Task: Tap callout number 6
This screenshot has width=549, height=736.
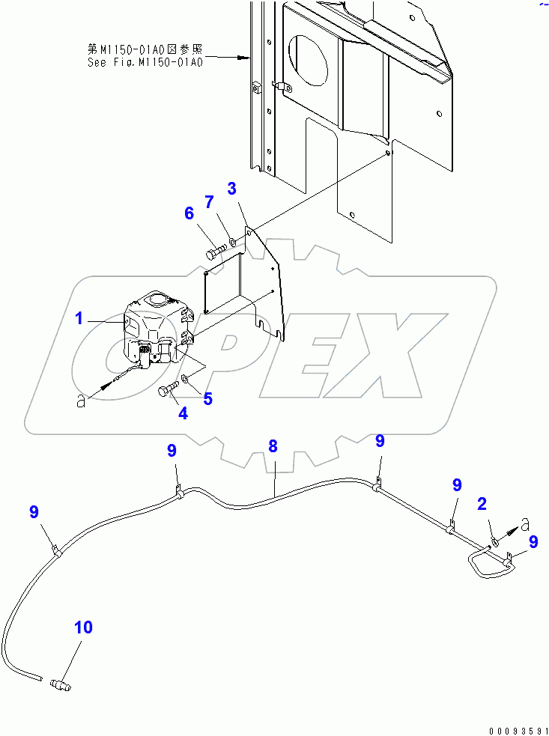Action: [x=189, y=213]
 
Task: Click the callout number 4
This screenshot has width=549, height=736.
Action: [x=183, y=412]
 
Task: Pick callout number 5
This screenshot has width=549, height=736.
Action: [x=207, y=398]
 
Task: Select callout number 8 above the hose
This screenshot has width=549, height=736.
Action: [x=273, y=446]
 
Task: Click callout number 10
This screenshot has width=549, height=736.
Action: [x=83, y=627]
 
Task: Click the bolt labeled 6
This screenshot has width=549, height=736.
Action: [x=215, y=250]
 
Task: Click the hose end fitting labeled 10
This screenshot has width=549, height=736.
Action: [x=58, y=661]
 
